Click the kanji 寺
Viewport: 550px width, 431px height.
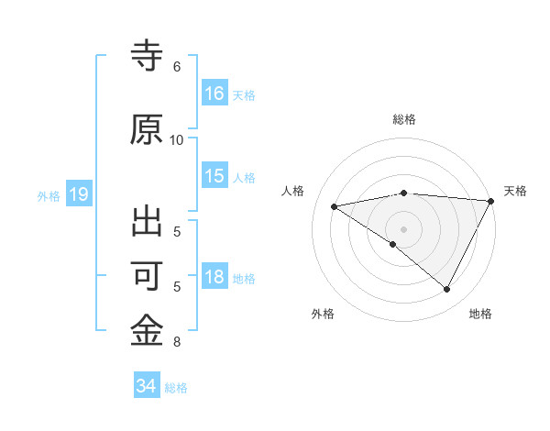[x=148, y=58]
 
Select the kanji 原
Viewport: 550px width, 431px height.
[x=148, y=129]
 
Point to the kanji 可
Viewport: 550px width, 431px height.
[x=148, y=276]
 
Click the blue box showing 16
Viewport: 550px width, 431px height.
[x=214, y=94]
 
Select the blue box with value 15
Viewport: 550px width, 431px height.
[x=214, y=176]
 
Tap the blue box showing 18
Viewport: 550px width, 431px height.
[x=214, y=277]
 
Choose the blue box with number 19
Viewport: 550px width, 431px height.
[x=78, y=194]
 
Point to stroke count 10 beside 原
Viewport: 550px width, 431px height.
[x=177, y=140]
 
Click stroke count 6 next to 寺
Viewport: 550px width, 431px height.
[x=177, y=67]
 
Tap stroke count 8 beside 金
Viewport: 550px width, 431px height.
[x=177, y=342]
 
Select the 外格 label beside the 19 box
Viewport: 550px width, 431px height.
[x=49, y=195]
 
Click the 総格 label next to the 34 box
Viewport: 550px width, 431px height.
[x=176, y=387]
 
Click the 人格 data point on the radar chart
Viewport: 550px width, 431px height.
[x=335, y=206]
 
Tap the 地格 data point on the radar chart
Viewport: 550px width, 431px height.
[x=447, y=290]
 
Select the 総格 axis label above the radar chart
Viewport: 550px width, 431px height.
[x=404, y=119]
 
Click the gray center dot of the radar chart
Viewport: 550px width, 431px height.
[x=403, y=228]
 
